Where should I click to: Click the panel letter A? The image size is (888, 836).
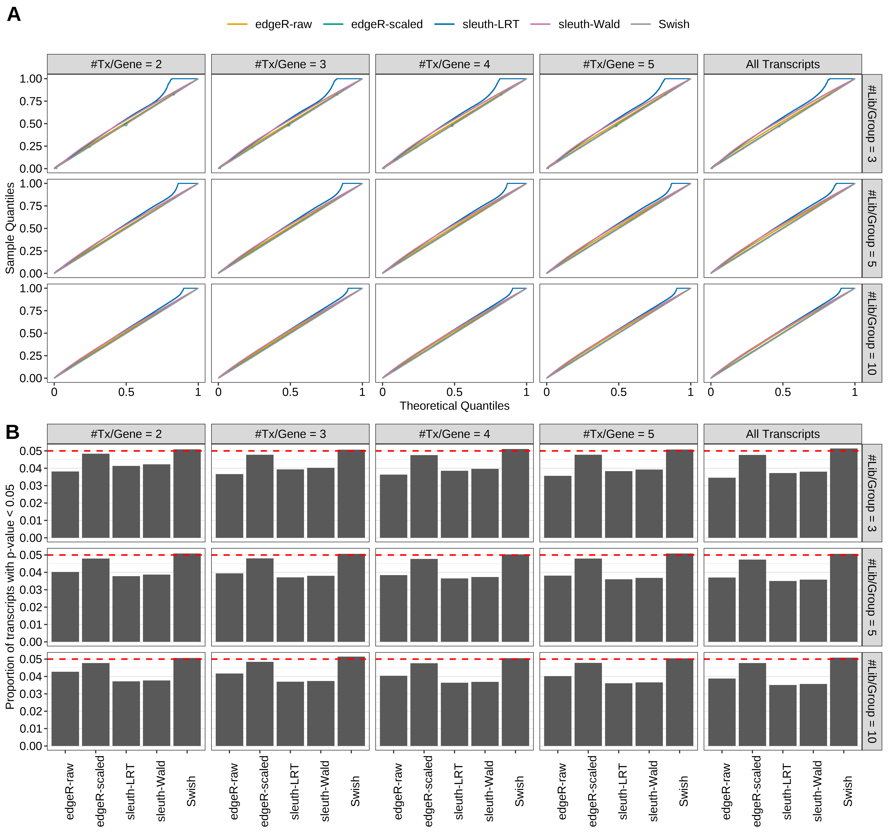click(14, 15)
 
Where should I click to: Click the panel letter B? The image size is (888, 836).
click(13, 432)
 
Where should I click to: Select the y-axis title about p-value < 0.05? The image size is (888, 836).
click(10, 597)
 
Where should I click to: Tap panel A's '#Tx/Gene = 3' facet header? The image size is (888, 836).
click(290, 64)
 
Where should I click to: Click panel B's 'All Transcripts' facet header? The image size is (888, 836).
click(783, 434)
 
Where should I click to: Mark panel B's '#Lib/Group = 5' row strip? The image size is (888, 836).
click(871, 597)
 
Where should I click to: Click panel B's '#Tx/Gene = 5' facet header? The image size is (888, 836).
click(618, 434)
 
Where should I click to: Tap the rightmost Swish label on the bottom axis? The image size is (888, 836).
click(847, 791)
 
